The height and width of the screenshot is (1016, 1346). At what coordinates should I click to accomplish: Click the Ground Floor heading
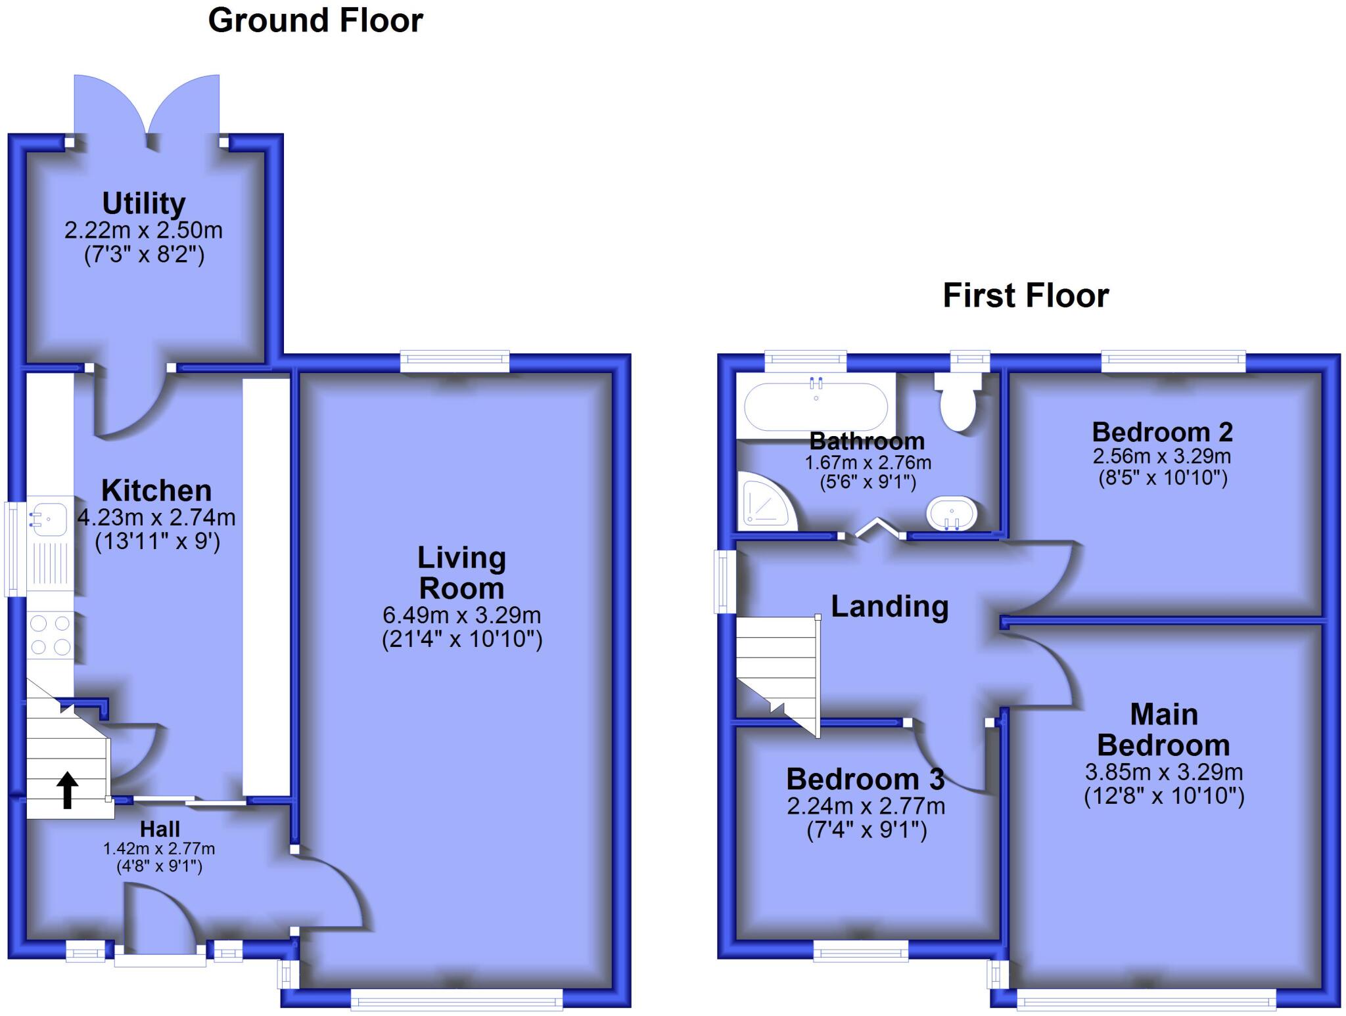pos(315,21)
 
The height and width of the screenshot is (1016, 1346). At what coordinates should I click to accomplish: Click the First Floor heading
pos(1025,296)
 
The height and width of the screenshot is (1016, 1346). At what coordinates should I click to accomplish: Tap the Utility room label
pos(144,204)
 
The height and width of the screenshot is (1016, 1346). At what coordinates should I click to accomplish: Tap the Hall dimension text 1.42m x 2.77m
pos(159,849)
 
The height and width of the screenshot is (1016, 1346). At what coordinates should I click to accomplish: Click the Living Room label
pos(461,573)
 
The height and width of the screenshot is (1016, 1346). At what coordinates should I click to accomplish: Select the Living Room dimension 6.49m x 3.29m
pos(461,615)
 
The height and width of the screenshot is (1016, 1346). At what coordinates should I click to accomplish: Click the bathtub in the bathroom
pos(816,406)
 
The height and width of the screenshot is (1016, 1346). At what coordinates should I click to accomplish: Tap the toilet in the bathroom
pos(958,402)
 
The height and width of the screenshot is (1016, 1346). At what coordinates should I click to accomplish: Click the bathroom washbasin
pos(952,513)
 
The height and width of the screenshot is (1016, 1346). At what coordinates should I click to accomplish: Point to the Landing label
pos(889,606)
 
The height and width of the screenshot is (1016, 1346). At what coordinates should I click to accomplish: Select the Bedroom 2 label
pos(1162,432)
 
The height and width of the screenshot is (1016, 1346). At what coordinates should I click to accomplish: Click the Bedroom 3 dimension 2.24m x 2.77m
pos(866,806)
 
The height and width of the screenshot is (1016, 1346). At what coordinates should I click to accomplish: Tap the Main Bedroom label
pos(1163,730)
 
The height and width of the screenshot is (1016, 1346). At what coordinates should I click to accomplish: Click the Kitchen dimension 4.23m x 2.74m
pos(156,518)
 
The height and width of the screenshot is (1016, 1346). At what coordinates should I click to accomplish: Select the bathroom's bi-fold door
pos(873,527)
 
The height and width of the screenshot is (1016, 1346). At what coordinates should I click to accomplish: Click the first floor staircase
pos(777,670)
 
